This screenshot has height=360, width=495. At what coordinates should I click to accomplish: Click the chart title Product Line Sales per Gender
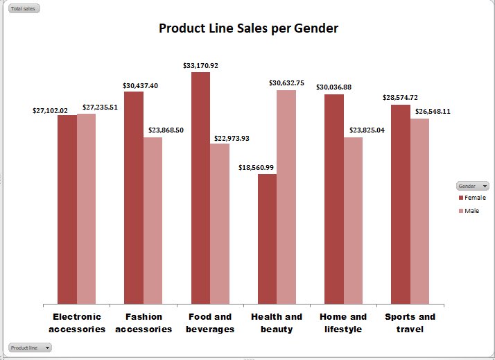(x=248, y=28)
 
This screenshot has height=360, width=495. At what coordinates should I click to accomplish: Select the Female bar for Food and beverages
(x=200, y=187)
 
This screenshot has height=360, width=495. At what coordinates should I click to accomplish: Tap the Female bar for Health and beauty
(x=267, y=239)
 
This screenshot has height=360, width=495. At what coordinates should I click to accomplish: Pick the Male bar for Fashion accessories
(x=153, y=220)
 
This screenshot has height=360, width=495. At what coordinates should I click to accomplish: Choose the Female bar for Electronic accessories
(x=67, y=209)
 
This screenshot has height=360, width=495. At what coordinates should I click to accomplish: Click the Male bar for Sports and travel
(x=419, y=211)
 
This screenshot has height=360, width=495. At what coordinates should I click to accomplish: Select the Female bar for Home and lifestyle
(x=334, y=198)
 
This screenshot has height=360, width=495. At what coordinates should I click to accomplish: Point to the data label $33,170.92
(x=200, y=66)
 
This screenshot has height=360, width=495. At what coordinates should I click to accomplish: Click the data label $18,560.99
(x=256, y=168)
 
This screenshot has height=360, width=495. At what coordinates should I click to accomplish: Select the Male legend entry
(x=471, y=211)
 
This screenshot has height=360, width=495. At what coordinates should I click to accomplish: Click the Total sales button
(x=22, y=9)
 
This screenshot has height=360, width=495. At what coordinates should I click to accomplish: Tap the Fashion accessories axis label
(x=144, y=323)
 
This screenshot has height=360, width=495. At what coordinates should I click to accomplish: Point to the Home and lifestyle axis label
(x=343, y=323)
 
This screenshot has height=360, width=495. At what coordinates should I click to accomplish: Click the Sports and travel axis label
(x=410, y=323)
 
